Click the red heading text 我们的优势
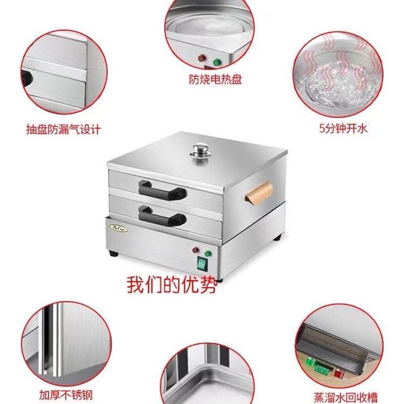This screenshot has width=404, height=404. pyautogui.click(x=172, y=284)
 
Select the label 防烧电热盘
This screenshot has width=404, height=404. pyautogui.click(x=209, y=80)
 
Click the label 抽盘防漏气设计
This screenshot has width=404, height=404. pyautogui.click(x=64, y=129)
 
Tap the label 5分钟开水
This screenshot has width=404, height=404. pyautogui.click(x=343, y=128)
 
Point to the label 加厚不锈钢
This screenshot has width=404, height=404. pyautogui.click(x=64, y=393)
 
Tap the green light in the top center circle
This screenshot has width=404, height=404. pyautogui.click(x=218, y=63)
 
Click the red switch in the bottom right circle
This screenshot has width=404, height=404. pyautogui.click(x=339, y=373)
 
